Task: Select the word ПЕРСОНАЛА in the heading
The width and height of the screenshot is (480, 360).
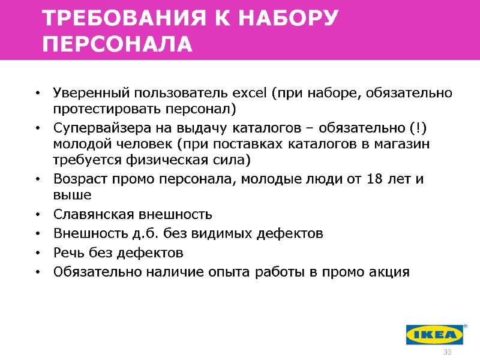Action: (118, 44)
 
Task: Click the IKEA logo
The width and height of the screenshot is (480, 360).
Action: (435, 334)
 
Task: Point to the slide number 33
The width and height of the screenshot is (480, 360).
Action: (446, 352)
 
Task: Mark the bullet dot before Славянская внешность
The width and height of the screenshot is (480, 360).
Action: (38, 215)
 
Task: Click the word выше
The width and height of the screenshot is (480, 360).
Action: (72, 195)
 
